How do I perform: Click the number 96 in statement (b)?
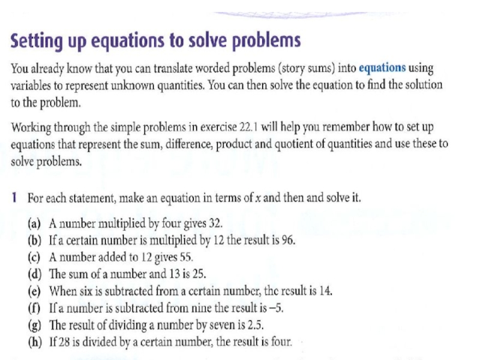(287, 241)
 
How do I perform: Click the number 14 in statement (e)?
(325, 292)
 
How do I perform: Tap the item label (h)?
(35, 343)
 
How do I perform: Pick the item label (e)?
(35, 292)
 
